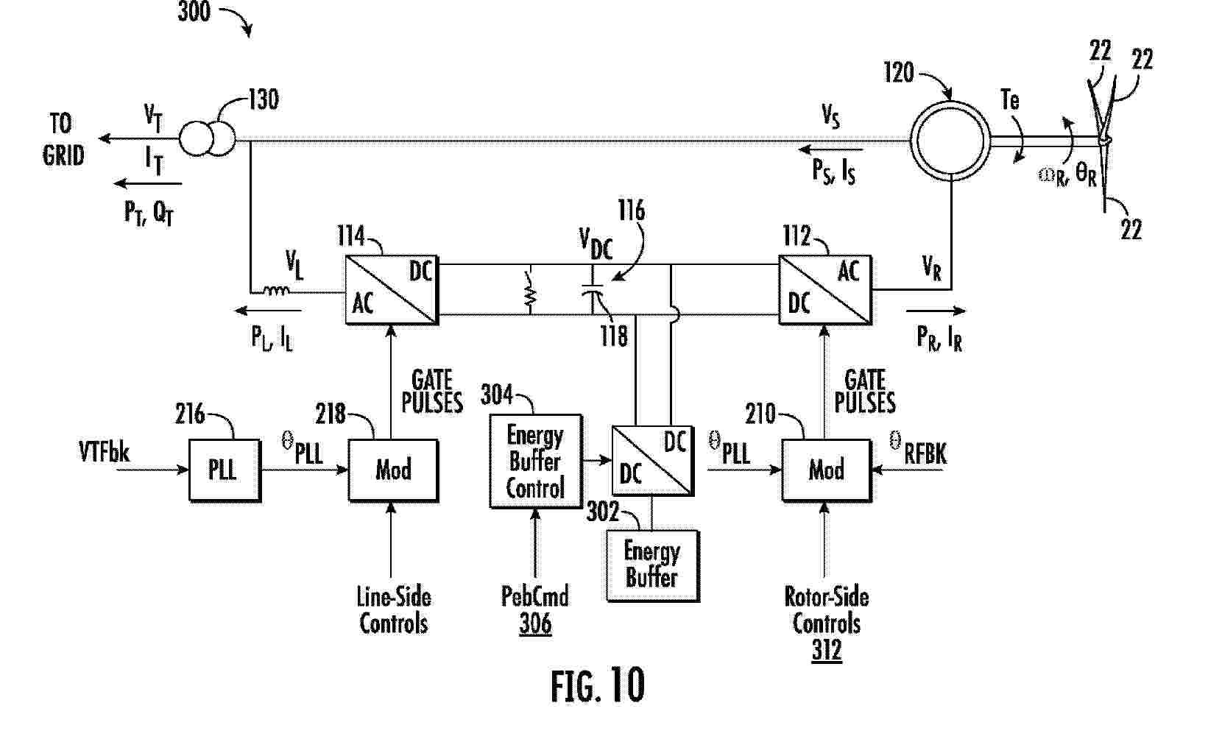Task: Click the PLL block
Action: click(x=225, y=470)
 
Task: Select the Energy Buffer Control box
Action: click(x=536, y=462)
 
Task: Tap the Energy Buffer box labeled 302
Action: click(x=652, y=565)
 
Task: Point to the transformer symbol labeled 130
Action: click(x=207, y=138)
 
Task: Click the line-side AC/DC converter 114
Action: click(x=392, y=289)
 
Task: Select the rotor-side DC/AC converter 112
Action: click(x=825, y=289)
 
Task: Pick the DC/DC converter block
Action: click(x=652, y=460)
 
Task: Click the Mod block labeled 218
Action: click(x=393, y=470)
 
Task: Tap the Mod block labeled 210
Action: click(x=826, y=470)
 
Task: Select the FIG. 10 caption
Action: click(x=598, y=685)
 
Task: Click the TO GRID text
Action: click(x=63, y=139)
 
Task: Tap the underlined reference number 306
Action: click(x=535, y=624)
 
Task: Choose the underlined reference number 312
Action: click(x=827, y=651)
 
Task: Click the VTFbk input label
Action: click(x=104, y=452)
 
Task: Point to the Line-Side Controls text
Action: click(x=394, y=610)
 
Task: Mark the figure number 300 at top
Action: click(x=194, y=11)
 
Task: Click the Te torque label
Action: click(x=1010, y=99)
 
